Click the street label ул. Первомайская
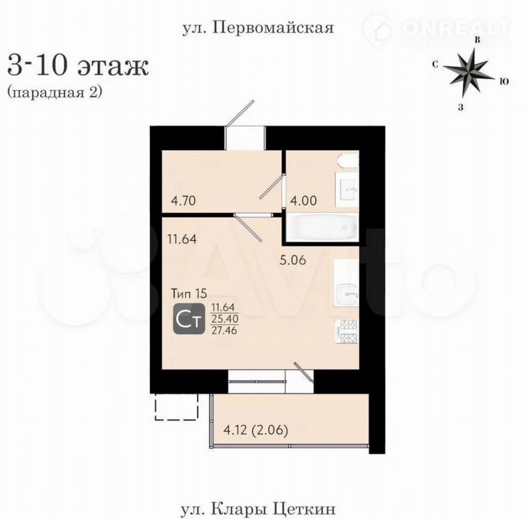258,28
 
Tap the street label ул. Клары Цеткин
258,509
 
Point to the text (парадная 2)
54,92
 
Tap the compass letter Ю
504,82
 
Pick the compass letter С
435,64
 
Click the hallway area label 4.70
183,201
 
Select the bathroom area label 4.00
304,201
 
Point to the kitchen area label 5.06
293,260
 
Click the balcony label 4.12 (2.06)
256,431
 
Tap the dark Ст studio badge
189,319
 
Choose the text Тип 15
189,294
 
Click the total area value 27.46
224,330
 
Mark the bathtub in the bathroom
321,227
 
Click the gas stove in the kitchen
346,331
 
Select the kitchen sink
346,294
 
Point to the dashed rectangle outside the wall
176,406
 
